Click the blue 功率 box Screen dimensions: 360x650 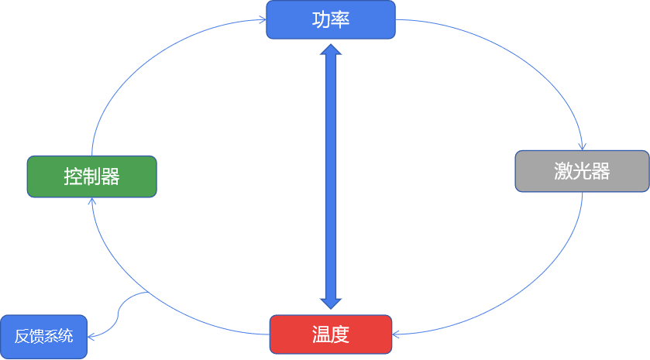click(331, 19)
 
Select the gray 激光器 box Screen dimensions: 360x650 click(582, 171)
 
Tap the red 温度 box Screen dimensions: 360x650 click(331, 334)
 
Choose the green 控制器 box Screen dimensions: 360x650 click(91, 176)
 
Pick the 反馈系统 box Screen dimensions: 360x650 click(43, 337)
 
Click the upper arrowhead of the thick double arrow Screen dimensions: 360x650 click(331, 51)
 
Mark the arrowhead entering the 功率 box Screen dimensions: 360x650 click(262, 21)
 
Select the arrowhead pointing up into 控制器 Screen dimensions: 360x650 click(92, 201)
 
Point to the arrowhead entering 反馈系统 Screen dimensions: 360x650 click(91, 337)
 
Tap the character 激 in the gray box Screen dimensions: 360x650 click(562, 171)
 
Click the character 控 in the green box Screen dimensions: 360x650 click(73, 177)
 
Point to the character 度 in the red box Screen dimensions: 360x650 click(341, 334)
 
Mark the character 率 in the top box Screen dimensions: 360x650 click(341, 19)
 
